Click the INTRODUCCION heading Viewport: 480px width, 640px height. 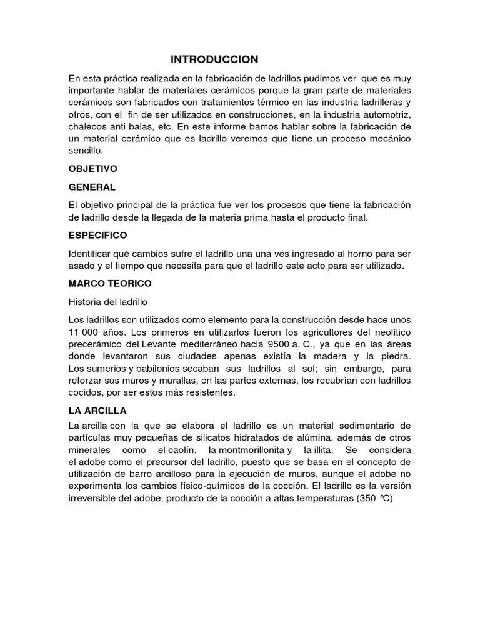coord(214,59)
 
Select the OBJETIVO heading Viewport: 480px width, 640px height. coord(92,169)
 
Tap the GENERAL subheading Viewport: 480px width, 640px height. coord(92,187)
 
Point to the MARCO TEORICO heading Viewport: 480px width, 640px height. coord(110,283)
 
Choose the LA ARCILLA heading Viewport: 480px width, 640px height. coord(97,411)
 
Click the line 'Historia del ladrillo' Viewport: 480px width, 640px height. coord(107,301)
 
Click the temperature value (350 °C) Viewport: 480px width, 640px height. coord(376,499)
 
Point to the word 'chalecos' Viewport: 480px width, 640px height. coord(87,127)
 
